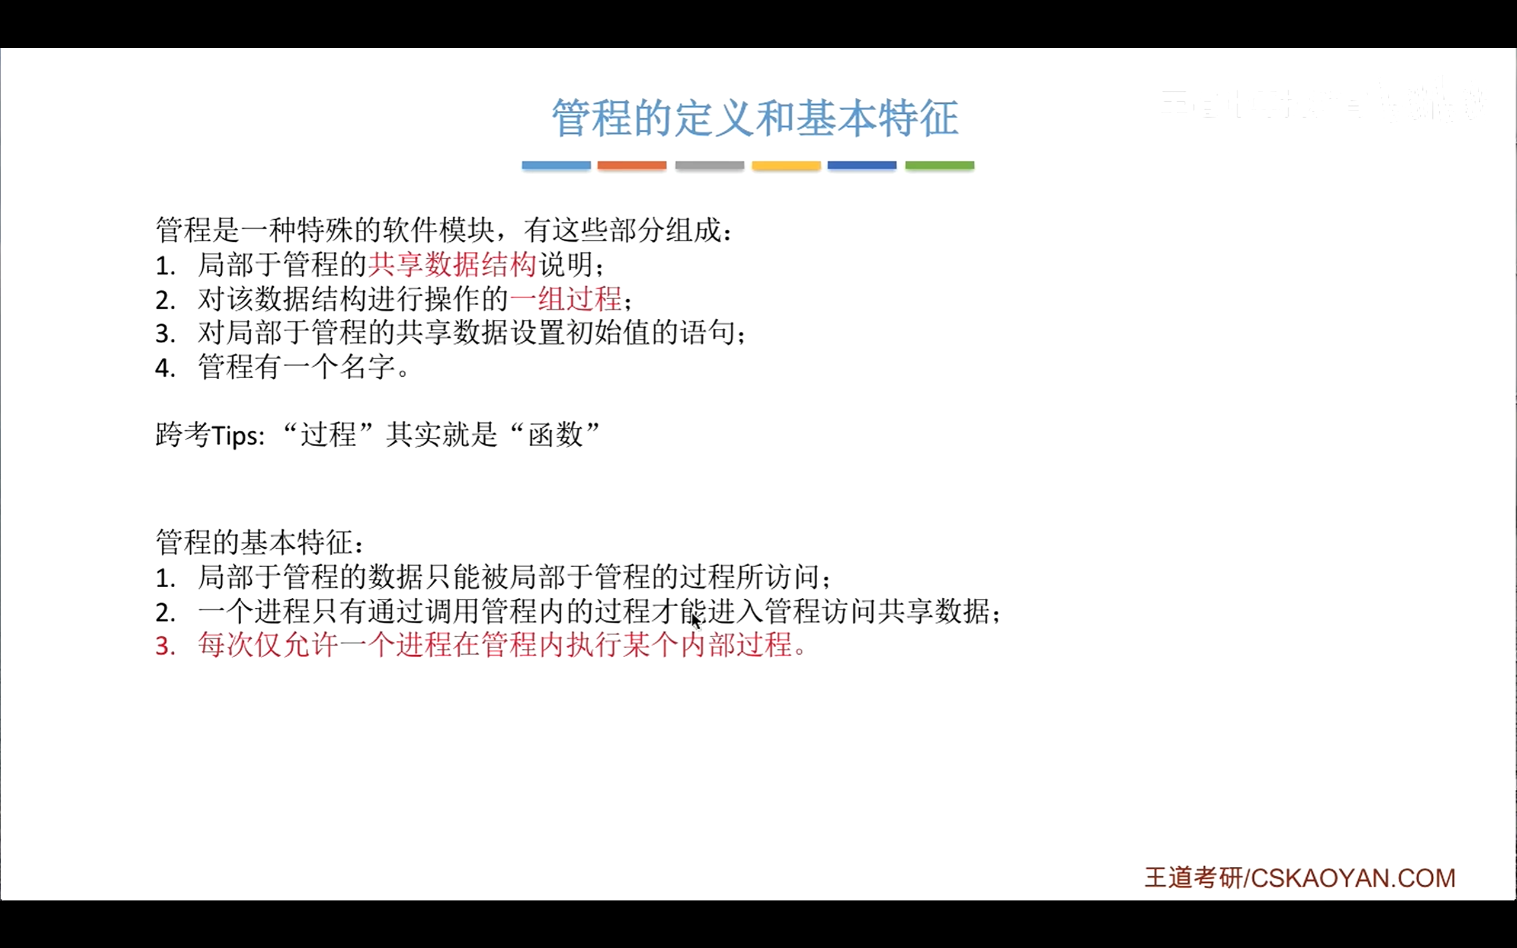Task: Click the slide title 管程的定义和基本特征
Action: click(755, 118)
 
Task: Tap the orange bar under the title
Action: click(631, 165)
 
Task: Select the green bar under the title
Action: click(939, 165)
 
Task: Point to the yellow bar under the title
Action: click(786, 165)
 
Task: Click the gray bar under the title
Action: click(709, 165)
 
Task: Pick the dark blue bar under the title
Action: click(861, 165)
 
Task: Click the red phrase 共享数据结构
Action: click(452, 265)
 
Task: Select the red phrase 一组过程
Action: click(565, 299)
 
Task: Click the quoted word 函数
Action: click(555, 434)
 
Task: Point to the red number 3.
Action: click(165, 646)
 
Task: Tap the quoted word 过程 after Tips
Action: click(328, 434)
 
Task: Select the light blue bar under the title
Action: click(556, 165)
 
